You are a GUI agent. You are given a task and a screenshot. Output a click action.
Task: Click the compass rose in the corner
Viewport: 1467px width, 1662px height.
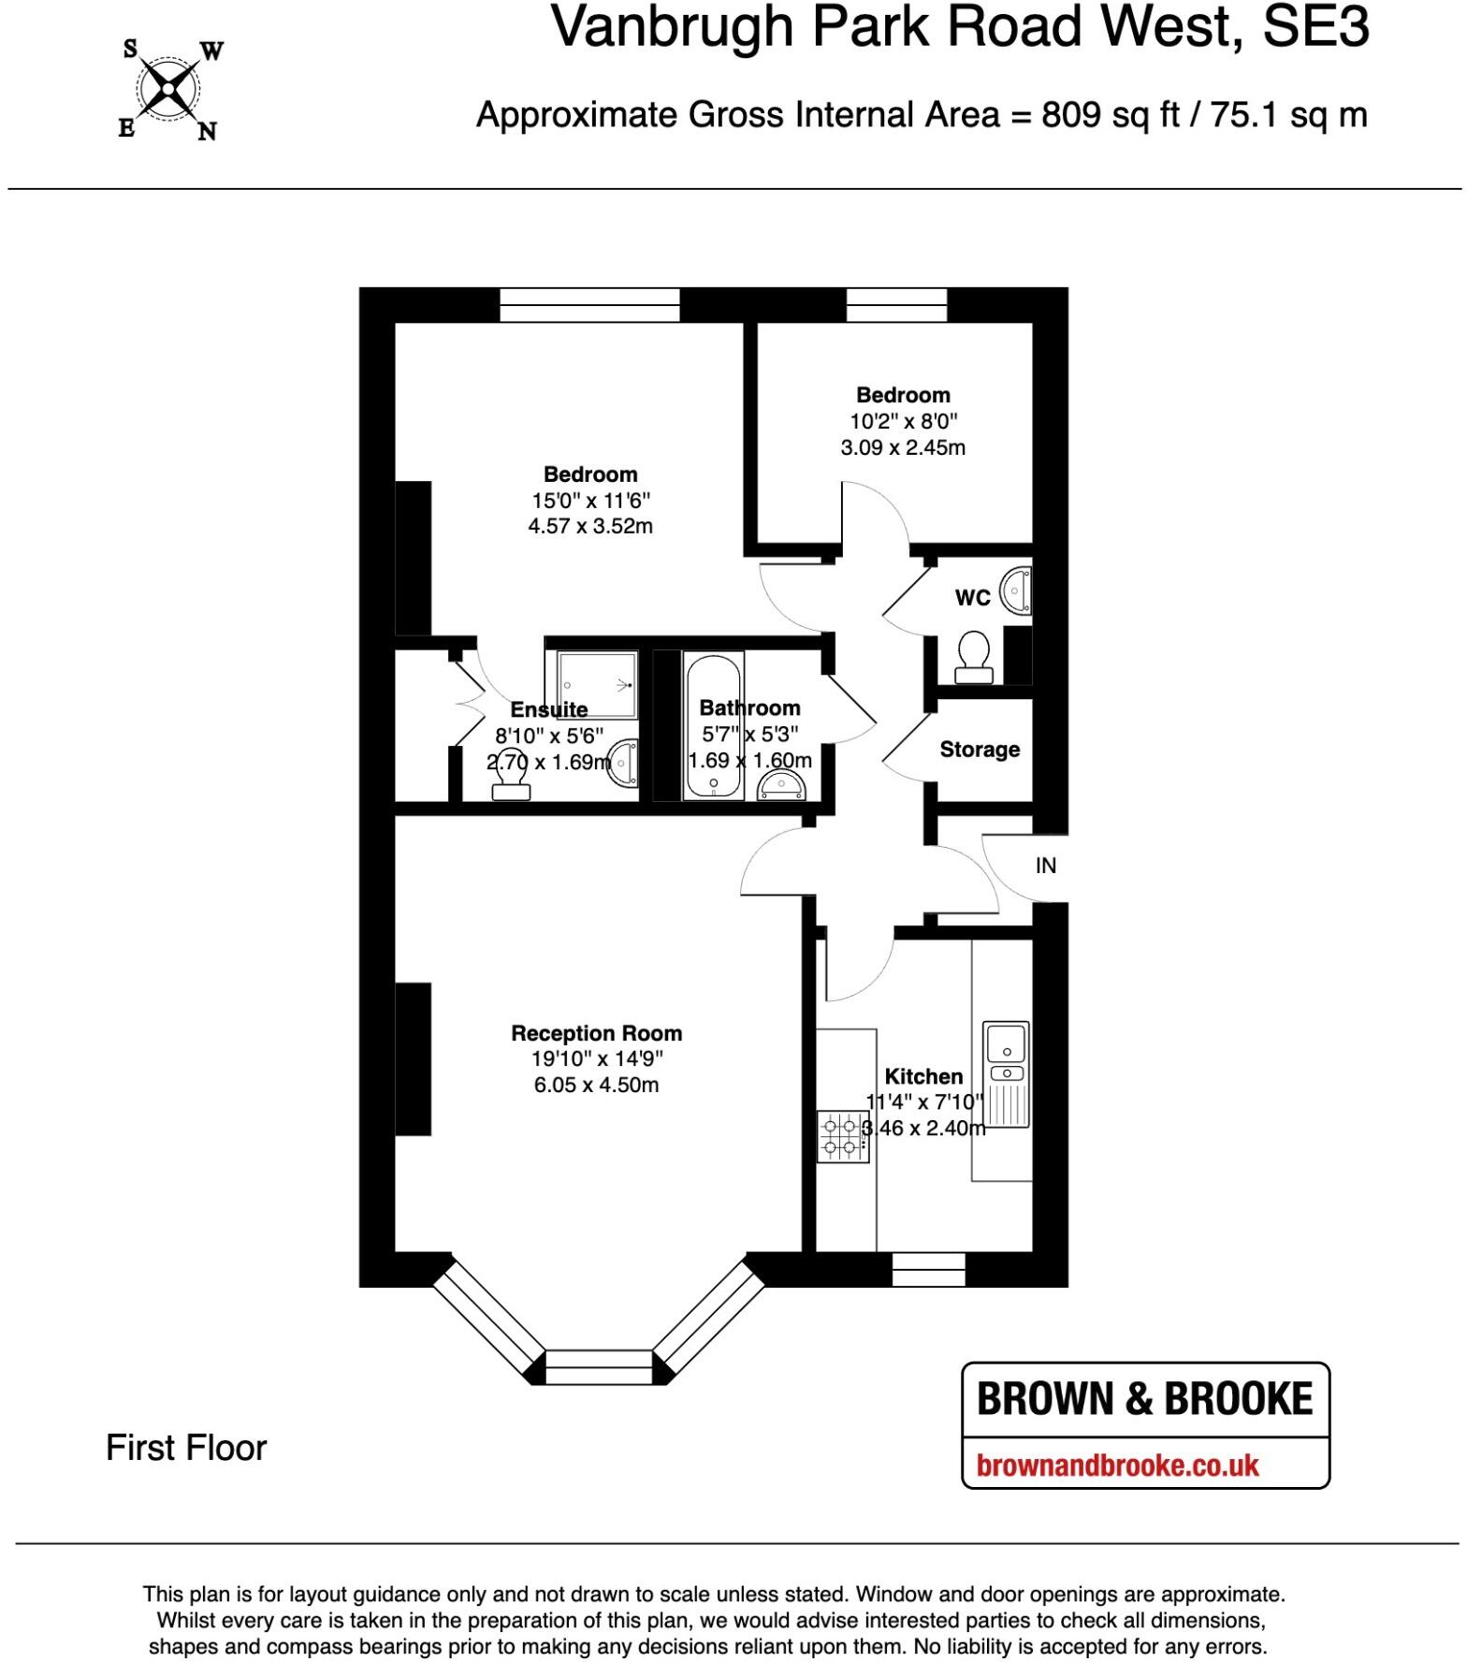click(x=168, y=90)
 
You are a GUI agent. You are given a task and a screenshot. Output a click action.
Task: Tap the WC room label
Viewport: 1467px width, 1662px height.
click(x=972, y=597)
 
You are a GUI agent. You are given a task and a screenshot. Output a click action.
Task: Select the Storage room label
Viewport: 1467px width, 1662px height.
click(x=980, y=750)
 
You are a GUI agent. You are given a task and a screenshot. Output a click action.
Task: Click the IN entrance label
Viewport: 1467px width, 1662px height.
click(x=1046, y=866)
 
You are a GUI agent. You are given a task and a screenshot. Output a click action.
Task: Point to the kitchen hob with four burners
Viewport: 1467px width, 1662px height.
click(x=841, y=1135)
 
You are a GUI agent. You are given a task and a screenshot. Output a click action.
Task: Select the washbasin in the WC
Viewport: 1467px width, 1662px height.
click(x=1016, y=590)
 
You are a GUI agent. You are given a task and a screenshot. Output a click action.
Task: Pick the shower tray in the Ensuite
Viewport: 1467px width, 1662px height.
click(x=597, y=686)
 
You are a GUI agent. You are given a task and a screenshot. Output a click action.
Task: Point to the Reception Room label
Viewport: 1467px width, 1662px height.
click(x=596, y=1033)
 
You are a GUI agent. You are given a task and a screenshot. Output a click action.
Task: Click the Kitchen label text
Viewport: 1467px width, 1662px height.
click(x=923, y=1076)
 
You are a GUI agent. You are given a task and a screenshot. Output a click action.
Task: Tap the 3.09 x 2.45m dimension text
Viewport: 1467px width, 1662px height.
click(x=903, y=447)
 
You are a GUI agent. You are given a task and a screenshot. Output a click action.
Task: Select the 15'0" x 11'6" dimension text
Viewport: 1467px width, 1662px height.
click(x=590, y=501)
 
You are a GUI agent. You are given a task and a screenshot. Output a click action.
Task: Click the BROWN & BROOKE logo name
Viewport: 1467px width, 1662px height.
click(x=1145, y=1399)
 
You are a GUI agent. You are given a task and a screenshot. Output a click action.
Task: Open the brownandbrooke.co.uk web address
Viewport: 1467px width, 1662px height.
click(x=1117, y=1465)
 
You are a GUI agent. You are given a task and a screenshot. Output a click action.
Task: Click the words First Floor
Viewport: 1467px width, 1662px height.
click(x=186, y=1448)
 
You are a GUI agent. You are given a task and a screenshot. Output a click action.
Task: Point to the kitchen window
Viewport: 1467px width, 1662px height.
click(x=928, y=1269)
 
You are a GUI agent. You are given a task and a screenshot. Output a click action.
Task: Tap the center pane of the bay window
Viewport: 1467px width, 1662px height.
click(x=599, y=1366)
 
